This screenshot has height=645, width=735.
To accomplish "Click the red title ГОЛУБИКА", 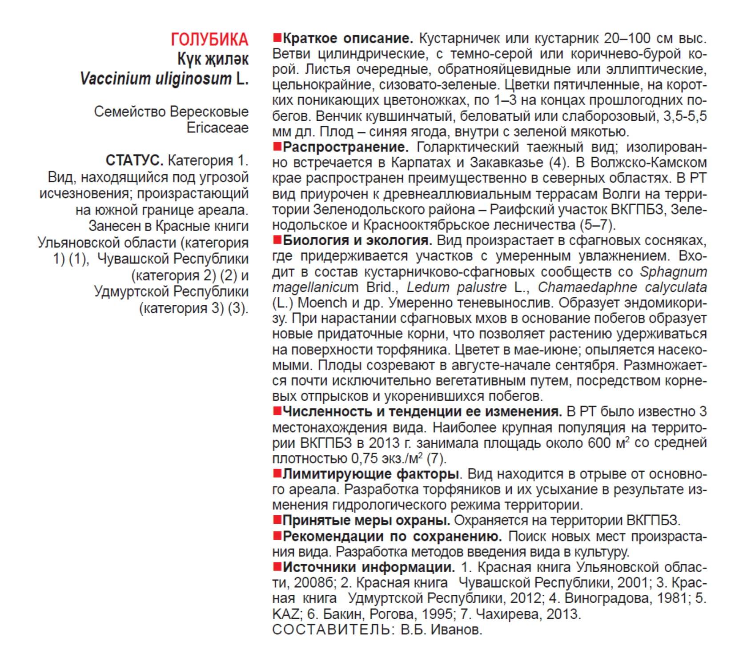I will coord(209,40).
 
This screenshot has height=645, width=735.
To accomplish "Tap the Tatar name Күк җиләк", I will coord(213,59).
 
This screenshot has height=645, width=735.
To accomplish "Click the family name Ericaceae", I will coord(217,128).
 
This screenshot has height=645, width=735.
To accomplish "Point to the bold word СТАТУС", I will coord(134,160).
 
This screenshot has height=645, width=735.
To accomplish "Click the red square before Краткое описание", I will coord(277,38).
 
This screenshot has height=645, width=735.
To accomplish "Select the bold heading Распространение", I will coord(345,147).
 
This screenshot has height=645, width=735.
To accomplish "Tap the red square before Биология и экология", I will coord(277,240).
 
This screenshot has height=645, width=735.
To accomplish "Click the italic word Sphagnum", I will coord(673,272).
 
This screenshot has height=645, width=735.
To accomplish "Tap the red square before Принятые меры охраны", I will coord(277,520).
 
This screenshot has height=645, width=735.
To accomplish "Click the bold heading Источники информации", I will coord(369,567).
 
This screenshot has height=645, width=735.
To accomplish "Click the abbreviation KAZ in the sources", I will coord(285,614).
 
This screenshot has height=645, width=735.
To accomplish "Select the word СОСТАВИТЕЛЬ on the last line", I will coord(331,629).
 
